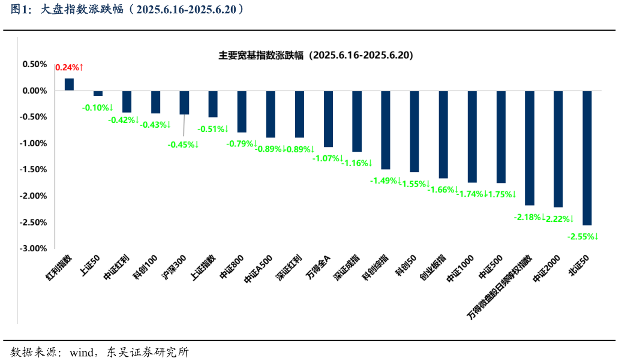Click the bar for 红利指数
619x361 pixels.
point(69,85)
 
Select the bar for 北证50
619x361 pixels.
point(587,158)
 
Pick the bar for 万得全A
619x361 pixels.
point(328,119)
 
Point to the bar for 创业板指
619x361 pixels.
point(443,134)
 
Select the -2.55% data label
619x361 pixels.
point(582,237)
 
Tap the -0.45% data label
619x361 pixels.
point(183,145)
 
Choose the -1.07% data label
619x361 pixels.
point(327,158)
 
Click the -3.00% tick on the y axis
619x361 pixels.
point(34,248)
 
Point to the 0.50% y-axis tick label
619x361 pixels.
point(35,64)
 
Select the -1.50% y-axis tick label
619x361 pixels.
point(34,170)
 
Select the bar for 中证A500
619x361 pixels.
point(271,114)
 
